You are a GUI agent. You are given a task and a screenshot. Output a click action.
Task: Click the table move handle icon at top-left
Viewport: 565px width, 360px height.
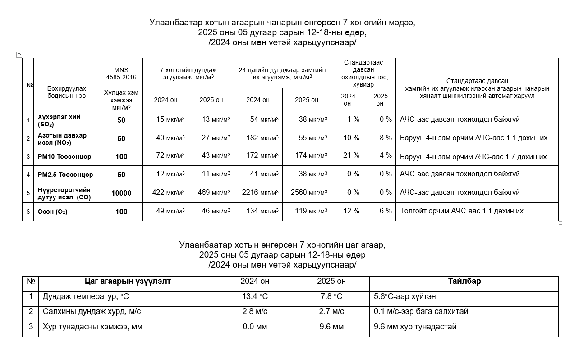[19, 55]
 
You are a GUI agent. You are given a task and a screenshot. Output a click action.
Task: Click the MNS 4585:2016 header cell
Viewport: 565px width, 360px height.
[121, 73]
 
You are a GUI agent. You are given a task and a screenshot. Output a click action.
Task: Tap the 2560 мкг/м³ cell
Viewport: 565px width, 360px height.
[309, 193]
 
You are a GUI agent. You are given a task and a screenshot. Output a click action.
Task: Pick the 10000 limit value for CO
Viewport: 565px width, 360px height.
[121, 193]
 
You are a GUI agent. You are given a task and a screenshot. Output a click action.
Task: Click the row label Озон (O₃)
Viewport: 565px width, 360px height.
[53, 212]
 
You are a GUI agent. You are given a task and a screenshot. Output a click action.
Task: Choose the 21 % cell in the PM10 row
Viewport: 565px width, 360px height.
[351, 156]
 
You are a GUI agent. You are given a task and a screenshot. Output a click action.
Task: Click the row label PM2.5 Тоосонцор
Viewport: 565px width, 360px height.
[65, 175]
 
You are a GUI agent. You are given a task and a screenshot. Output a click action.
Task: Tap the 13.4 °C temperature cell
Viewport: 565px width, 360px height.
[255, 296]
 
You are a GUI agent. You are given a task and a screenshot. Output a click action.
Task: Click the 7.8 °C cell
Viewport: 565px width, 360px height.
[331, 296]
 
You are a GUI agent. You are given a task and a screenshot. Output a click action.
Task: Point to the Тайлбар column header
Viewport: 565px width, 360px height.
[464, 281]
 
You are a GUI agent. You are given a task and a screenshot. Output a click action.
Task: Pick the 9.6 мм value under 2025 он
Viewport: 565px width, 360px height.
[331, 327]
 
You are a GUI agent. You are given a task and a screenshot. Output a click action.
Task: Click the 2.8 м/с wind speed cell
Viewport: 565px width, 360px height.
[255, 311]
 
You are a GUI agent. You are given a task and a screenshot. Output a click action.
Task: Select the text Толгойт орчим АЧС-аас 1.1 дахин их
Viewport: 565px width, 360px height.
[461, 211]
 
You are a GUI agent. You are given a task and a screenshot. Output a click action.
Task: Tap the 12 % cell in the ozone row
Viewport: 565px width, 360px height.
[351, 211]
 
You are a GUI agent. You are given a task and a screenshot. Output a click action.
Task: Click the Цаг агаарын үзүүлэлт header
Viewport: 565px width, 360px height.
[128, 281]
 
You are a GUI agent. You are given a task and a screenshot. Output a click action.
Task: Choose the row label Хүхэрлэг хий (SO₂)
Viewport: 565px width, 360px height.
[59, 120]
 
